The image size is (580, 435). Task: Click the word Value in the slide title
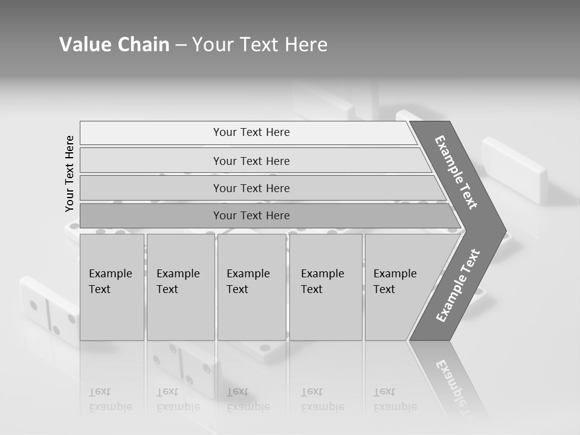tap(84, 45)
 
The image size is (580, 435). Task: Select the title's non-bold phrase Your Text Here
tap(260, 45)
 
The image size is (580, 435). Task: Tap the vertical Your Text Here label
tap(70, 173)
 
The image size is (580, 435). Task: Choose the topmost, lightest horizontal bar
tap(251, 132)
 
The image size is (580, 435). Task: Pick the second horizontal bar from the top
tap(251, 161)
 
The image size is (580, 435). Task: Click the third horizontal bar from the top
tap(251, 188)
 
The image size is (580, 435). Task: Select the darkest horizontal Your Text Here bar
tap(251, 216)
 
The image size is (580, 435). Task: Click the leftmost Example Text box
tap(112, 287)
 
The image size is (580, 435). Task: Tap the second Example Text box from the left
tap(180, 287)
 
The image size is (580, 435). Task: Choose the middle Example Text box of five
tap(251, 287)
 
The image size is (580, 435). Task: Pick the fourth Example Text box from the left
tap(326, 287)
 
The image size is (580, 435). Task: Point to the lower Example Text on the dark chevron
tap(457, 285)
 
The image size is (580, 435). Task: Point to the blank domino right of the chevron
tap(515, 169)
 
